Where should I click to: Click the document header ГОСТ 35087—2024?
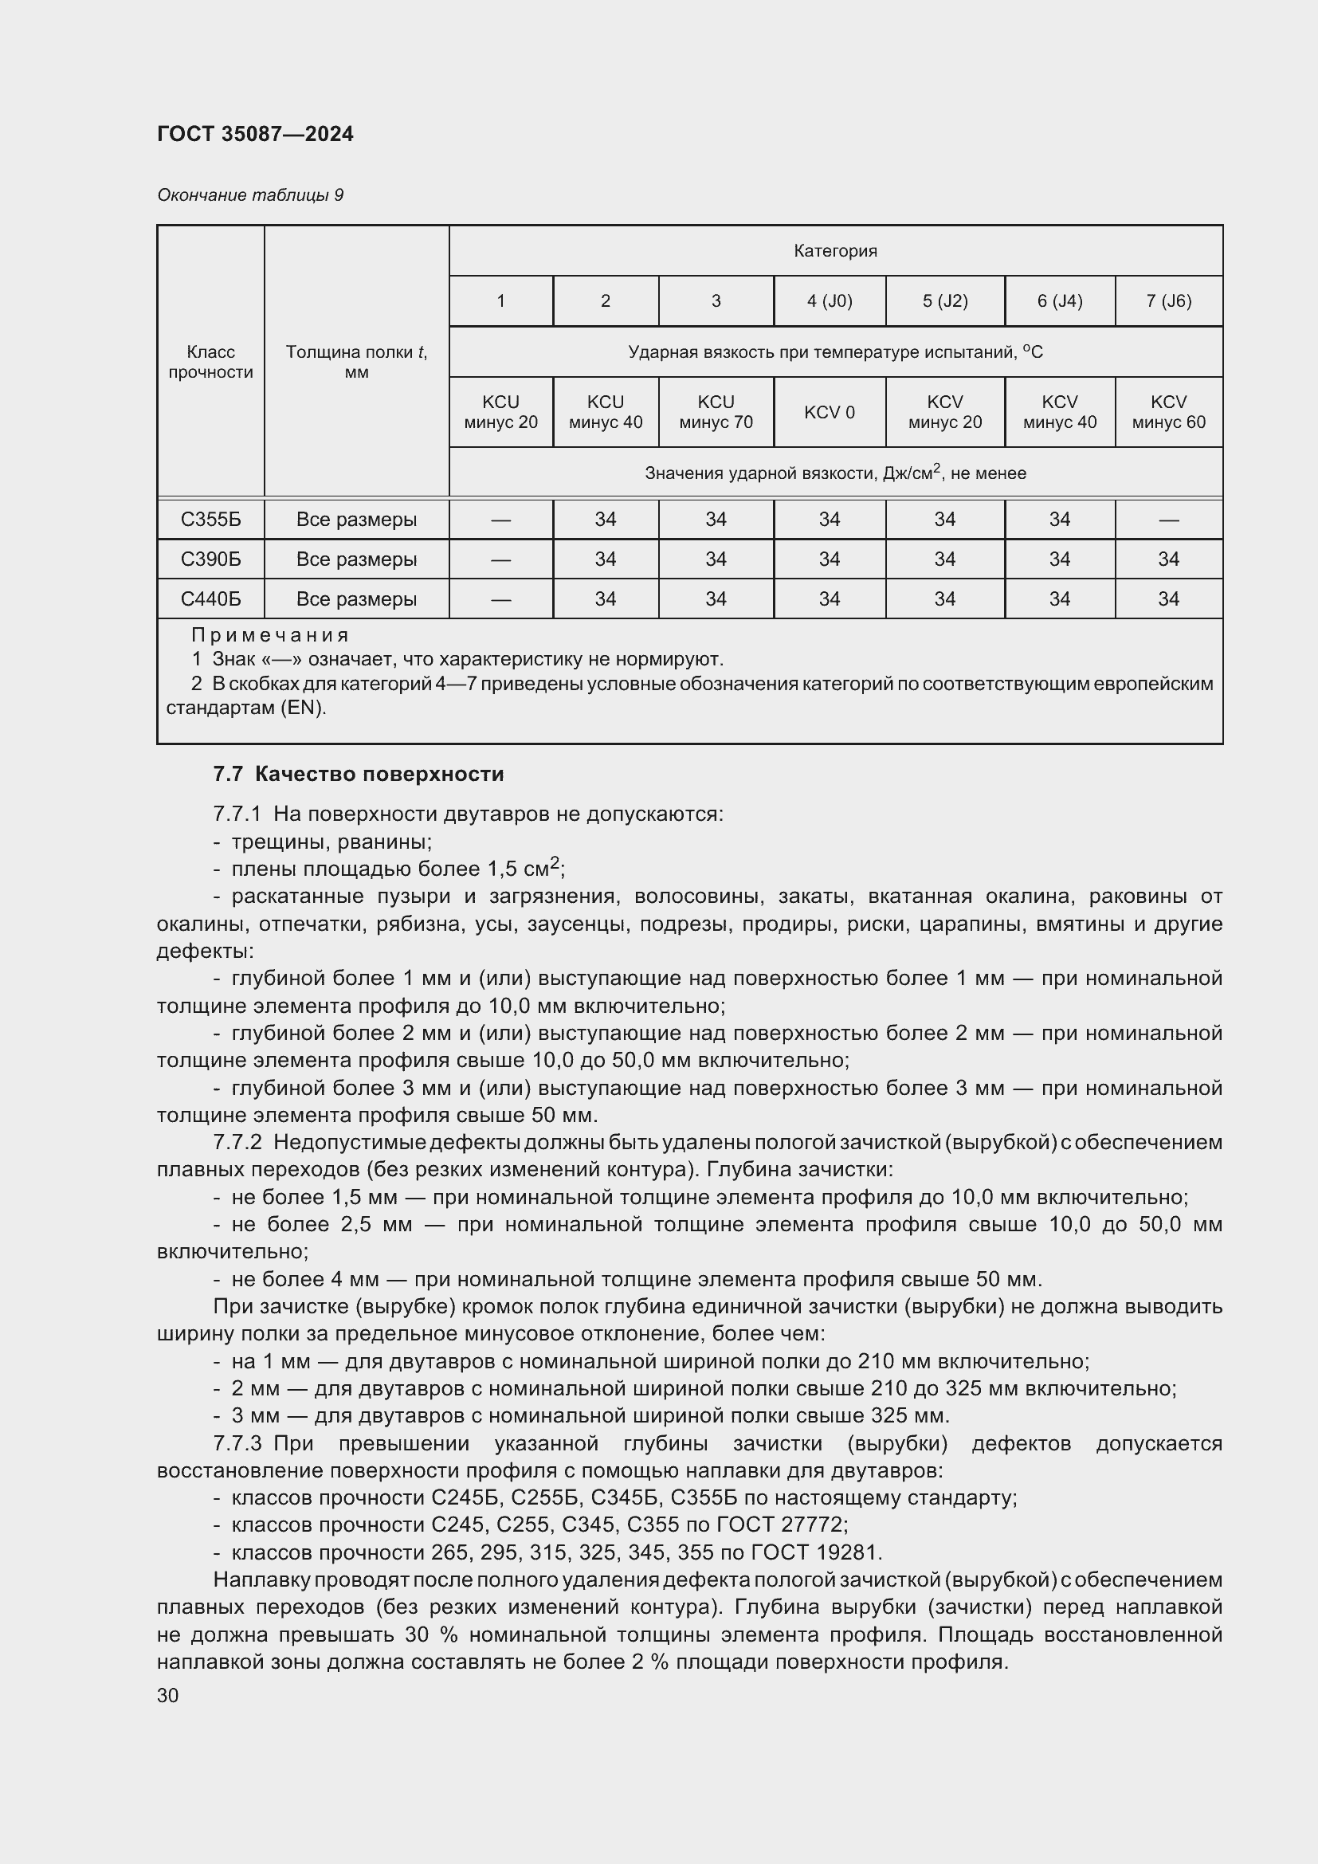255,134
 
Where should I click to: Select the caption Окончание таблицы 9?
250,194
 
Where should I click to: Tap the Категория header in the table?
835,251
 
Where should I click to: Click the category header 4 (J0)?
829,301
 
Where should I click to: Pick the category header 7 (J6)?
1168,301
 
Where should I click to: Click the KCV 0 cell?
829,413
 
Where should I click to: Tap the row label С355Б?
210,520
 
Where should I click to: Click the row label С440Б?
210,599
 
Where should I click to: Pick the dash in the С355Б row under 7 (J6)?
1168,520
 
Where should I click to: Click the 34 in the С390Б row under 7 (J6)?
1168,559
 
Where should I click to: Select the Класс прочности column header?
210,362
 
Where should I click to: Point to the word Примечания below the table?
269,635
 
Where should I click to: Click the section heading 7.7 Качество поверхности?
358,774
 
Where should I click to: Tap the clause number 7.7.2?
237,1143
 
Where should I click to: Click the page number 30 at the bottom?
168,1695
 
